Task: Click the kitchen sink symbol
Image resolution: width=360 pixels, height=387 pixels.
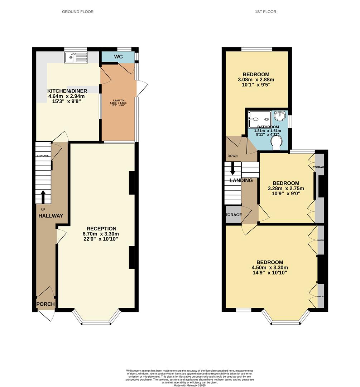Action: pyautogui.click(x=76, y=57)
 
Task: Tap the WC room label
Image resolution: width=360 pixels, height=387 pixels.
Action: pyautogui.click(x=118, y=57)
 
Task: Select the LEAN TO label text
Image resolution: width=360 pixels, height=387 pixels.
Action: pyautogui.click(x=118, y=100)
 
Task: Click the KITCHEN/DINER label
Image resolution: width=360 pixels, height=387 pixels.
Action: pyautogui.click(x=67, y=91)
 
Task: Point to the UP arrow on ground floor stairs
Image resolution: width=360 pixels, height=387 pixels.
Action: pyautogui.click(x=43, y=197)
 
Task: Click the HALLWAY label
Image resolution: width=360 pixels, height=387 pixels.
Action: pyautogui.click(x=51, y=216)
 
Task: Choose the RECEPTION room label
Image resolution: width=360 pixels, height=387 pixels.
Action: pyautogui.click(x=101, y=229)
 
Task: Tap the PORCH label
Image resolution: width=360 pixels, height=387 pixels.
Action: pyautogui.click(x=45, y=304)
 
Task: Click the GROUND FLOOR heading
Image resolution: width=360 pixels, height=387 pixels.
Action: pyautogui.click(x=78, y=12)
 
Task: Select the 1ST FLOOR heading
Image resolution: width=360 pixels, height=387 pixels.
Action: pyautogui.click(x=265, y=12)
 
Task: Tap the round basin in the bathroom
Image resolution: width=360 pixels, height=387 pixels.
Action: pyautogui.click(x=279, y=116)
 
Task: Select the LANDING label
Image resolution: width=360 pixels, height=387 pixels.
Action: pyautogui.click(x=241, y=180)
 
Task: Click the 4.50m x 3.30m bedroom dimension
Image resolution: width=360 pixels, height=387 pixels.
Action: pyautogui.click(x=270, y=267)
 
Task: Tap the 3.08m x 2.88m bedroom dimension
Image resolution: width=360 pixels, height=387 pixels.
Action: pyautogui.click(x=256, y=80)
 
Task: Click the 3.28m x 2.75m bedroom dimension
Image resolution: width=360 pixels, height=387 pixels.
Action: pyautogui.click(x=286, y=188)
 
